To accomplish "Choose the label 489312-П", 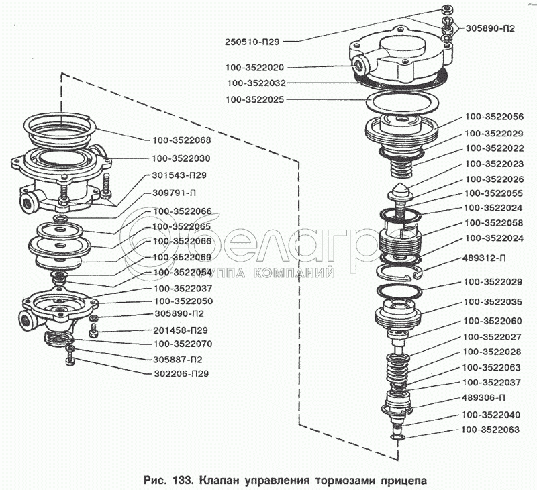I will click(484, 258).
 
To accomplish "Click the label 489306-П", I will click(484, 397).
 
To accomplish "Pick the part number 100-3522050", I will click(183, 301).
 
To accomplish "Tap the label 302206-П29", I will click(181, 373).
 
